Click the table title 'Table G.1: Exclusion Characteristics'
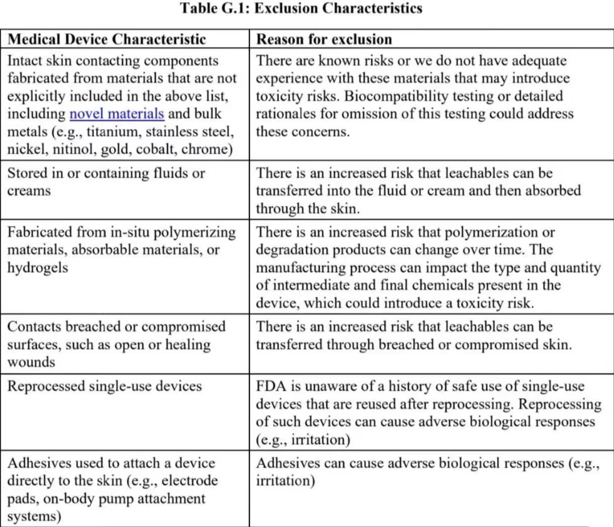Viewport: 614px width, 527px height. [302, 9]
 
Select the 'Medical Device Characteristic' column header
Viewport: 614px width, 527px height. [107, 39]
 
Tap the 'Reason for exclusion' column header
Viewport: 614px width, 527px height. [324, 39]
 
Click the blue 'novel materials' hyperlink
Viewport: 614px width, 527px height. [117, 114]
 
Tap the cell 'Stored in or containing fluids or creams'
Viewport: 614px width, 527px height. [106, 182]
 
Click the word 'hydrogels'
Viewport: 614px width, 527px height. [37, 268]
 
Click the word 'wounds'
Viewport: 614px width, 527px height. [31, 362]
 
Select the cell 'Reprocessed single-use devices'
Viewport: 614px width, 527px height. [104, 386]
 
